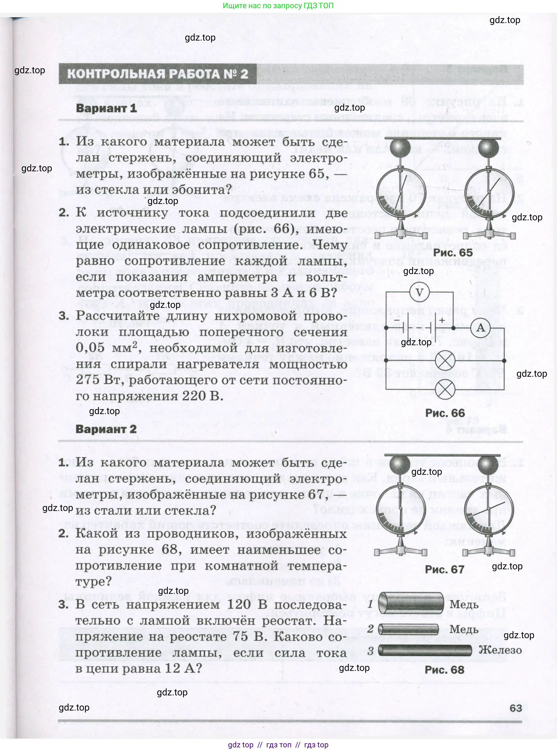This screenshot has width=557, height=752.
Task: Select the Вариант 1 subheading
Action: (x=106, y=108)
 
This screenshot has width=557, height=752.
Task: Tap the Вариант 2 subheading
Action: (x=106, y=429)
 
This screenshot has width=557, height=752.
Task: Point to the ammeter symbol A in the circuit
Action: (x=481, y=328)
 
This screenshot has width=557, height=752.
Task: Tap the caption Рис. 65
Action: (x=453, y=252)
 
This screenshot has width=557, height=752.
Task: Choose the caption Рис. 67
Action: (x=444, y=569)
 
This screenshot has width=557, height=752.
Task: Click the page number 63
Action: (x=516, y=708)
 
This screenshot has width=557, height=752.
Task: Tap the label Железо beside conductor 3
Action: (x=500, y=650)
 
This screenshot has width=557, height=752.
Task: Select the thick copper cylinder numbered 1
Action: (x=411, y=603)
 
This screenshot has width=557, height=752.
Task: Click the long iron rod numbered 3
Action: (x=425, y=650)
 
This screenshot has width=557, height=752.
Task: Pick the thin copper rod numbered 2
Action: (x=408, y=629)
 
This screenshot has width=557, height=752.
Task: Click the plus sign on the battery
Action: (x=442, y=320)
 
